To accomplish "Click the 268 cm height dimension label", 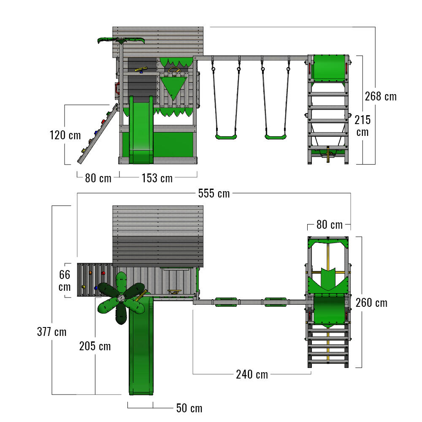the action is [x=381, y=96].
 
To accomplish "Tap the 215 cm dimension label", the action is [x=362, y=126].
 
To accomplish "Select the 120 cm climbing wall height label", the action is [x=65, y=135].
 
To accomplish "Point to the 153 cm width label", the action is [x=157, y=178].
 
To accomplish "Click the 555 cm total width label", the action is [x=214, y=194].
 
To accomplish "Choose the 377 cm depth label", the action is [x=51, y=332].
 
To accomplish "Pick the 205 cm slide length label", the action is [x=95, y=346].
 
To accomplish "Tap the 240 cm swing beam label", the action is [x=252, y=374].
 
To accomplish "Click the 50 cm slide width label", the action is [x=189, y=408].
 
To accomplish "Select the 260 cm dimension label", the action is [x=371, y=303].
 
